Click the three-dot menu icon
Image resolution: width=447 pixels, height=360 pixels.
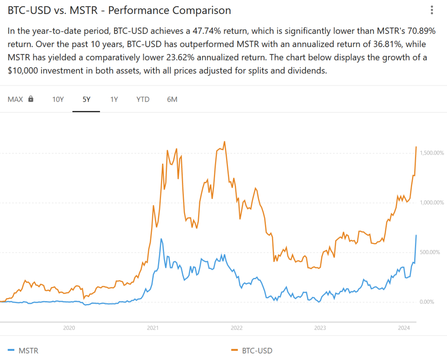tap(432, 10)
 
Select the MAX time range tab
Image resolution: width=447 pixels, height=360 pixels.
tap(15, 99)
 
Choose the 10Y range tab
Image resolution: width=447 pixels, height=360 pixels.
tap(58, 99)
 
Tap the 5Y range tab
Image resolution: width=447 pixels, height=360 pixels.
tap(86, 99)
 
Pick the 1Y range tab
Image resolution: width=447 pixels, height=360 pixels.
tap(114, 99)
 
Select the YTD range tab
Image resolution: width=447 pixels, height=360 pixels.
tap(143, 99)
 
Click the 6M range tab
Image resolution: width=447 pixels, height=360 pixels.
tap(172, 99)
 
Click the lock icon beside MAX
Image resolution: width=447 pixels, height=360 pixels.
tap(31, 99)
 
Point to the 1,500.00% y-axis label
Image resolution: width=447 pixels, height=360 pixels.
tap(431, 153)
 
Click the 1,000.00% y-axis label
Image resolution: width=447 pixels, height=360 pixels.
tap(431, 202)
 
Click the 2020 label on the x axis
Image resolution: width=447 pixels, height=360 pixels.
tap(69, 328)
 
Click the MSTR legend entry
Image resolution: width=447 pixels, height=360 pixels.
tap(27, 350)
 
